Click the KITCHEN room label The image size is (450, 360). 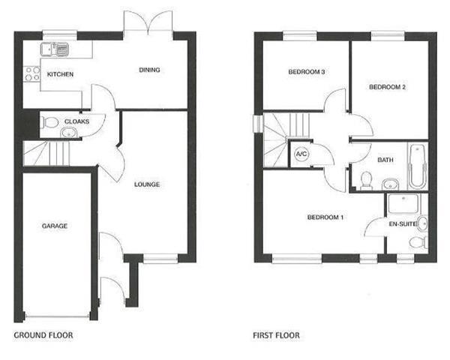click(60, 74)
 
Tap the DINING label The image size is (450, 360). click(149, 70)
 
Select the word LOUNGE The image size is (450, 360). click(147, 184)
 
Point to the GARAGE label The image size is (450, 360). click(55, 226)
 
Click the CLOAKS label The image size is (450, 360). click(77, 121)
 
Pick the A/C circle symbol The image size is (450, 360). click(301, 154)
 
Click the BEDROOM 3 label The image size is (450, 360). click(307, 72)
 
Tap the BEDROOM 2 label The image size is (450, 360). click(387, 87)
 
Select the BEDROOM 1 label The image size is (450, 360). click(325, 217)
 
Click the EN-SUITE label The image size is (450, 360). click(403, 224)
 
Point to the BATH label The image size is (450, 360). click(385, 160)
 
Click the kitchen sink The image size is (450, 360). click(55, 49)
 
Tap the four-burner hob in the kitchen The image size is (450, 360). click(31, 73)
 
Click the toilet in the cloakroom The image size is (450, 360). click(49, 122)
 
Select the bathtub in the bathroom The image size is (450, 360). click(418, 166)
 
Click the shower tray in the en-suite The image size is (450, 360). click(403, 205)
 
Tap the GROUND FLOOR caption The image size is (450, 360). click(43, 335)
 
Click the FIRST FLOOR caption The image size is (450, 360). click(276, 335)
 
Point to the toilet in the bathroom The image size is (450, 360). click(366, 181)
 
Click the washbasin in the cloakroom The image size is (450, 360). click(69, 133)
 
